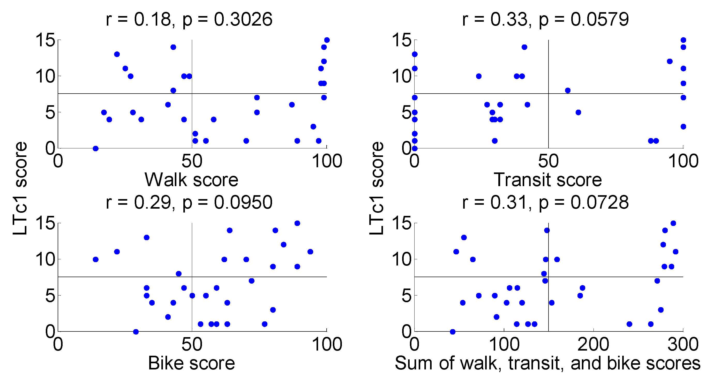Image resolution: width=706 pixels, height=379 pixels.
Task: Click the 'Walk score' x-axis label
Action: click(191, 180)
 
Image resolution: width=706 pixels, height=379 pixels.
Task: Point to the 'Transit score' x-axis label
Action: click(547, 180)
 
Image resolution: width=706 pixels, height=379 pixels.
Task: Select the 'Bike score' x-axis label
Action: click(191, 363)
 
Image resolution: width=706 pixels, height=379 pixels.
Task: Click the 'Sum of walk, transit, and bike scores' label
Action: click(547, 363)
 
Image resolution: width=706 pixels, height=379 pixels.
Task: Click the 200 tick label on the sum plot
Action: click(593, 344)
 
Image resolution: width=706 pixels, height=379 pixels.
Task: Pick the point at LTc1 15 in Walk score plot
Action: click(327, 40)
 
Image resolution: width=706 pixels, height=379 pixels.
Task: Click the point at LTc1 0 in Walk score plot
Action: click(95, 148)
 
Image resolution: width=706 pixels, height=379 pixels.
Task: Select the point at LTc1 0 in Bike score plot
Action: click(136, 332)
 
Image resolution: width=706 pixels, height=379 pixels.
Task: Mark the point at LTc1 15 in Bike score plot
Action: click(297, 223)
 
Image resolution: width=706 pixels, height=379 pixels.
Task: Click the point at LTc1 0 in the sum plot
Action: click(453, 332)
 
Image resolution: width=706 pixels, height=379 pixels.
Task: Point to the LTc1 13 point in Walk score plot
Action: click(117, 54)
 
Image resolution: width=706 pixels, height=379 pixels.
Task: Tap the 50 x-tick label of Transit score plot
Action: click(548, 161)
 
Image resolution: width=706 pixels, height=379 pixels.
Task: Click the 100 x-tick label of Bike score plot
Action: click(327, 344)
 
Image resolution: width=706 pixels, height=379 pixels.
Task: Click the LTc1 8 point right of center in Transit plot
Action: click(568, 90)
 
